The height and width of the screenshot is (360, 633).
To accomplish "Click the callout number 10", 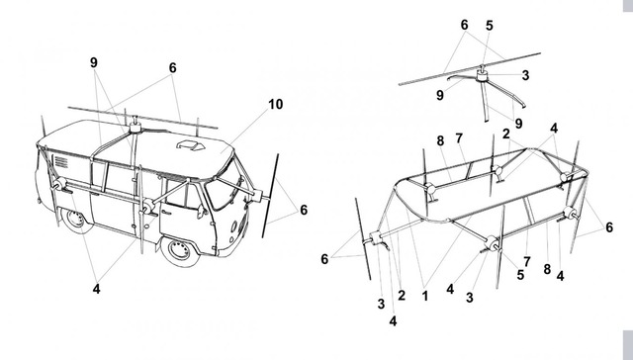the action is coord(276,104).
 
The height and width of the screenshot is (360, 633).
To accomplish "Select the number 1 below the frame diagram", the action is coord(424,297).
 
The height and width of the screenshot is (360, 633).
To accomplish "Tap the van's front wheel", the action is coord(178,250).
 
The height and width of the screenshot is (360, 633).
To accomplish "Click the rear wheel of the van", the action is coord(75,220).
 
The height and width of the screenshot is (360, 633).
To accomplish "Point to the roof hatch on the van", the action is coord(191,144).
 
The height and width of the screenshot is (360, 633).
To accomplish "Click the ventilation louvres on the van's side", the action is coord(61,161).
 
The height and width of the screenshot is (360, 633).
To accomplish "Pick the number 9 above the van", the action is coord(94,62).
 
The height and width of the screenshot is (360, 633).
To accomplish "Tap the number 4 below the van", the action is coord(96,289).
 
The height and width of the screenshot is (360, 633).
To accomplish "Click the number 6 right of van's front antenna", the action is coord(304,210).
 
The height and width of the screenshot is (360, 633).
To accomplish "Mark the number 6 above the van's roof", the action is coord(172,68).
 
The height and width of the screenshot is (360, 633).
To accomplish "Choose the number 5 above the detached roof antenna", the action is coord(490,26).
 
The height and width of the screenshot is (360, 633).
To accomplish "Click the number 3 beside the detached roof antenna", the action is coord(525,75).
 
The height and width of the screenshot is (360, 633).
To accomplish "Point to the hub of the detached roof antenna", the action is coord(481,75).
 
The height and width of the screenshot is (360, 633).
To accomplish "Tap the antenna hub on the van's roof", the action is coord(136,129).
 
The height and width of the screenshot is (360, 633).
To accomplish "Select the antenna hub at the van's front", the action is coord(257,196).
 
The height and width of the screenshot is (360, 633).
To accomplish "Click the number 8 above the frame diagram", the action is coord(440,140).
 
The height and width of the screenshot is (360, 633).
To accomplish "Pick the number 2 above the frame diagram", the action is coord(506,134).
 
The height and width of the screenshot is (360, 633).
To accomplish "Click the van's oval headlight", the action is coord(234,226).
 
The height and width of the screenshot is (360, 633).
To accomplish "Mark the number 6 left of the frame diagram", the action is coord(324,259).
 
